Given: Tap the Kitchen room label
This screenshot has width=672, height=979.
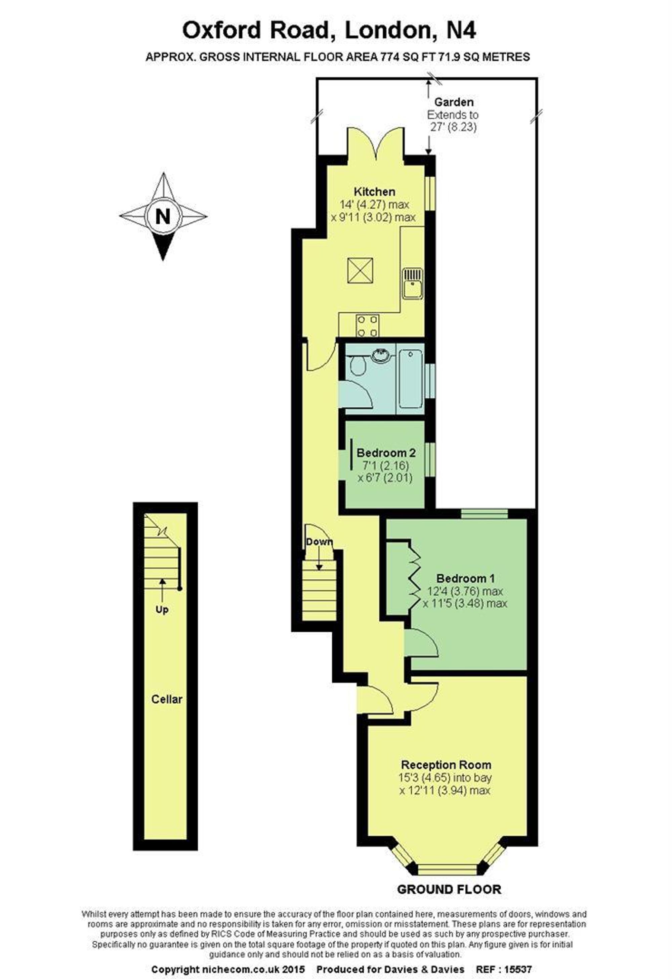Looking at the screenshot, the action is pyautogui.click(x=374, y=192).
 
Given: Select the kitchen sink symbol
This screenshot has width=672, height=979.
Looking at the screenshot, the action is pyautogui.click(x=412, y=283).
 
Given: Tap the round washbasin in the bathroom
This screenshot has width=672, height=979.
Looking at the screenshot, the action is pyautogui.click(x=382, y=355).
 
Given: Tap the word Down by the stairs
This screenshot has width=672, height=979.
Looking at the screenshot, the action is pyautogui.click(x=319, y=542).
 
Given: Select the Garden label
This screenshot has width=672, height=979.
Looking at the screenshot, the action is pyautogui.click(x=454, y=102).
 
